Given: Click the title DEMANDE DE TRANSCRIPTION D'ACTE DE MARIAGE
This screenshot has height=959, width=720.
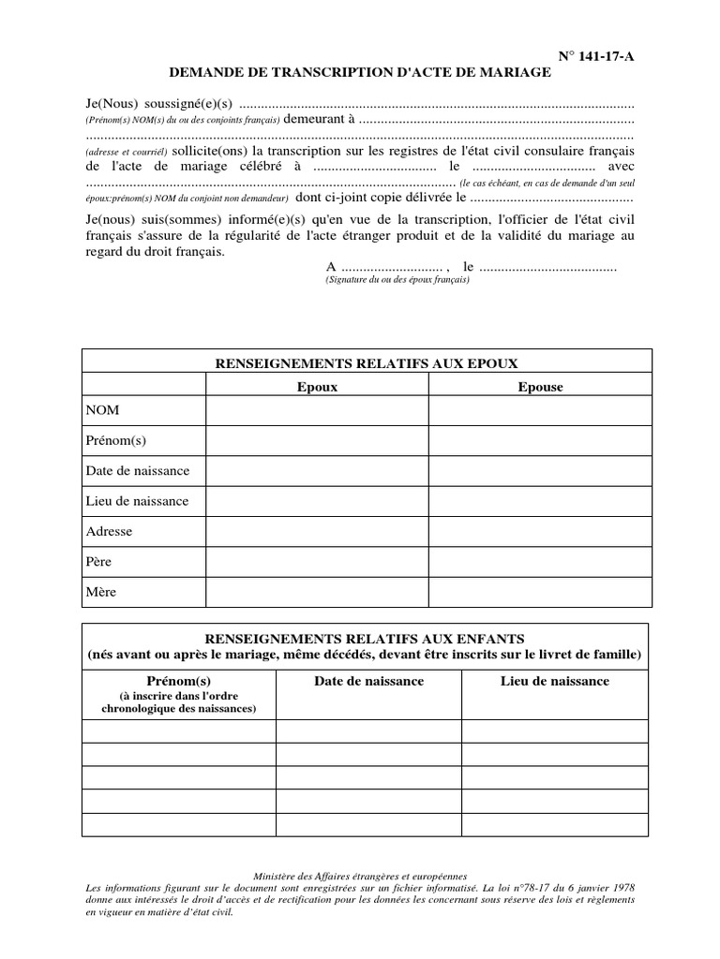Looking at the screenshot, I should pyautogui.click(x=359, y=72).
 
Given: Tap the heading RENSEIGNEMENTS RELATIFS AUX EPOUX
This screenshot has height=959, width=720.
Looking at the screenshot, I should pyautogui.click(x=367, y=361).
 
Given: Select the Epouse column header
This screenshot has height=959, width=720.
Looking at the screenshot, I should pyautogui.click(x=540, y=387).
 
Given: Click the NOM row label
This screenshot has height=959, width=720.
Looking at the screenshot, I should pyautogui.click(x=103, y=410).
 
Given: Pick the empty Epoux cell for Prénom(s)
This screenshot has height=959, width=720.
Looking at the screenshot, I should pyautogui.click(x=317, y=440).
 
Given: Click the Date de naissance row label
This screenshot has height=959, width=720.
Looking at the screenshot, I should pyautogui.click(x=137, y=470).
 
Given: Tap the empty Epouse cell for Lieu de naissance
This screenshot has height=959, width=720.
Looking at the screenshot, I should pyautogui.click(x=539, y=501).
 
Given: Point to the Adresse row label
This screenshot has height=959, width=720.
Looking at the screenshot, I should pyautogui.click(x=109, y=531).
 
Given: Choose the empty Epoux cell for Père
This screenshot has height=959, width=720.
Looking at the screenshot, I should pyautogui.click(x=317, y=561).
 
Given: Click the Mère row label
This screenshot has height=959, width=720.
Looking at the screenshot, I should pyautogui.click(x=101, y=592).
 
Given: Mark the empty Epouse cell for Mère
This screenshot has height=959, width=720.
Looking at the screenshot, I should pyautogui.click(x=539, y=592).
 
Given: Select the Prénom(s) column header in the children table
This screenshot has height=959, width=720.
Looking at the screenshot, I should pyautogui.click(x=178, y=681).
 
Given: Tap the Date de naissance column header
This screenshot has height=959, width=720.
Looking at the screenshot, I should pyautogui.click(x=368, y=681).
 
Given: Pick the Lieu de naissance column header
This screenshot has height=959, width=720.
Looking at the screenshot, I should pyautogui.click(x=554, y=681).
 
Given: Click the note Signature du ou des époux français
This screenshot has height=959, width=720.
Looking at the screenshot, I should pyautogui.click(x=397, y=280).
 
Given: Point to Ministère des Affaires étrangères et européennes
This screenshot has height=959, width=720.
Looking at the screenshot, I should pyautogui.click(x=360, y=875).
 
